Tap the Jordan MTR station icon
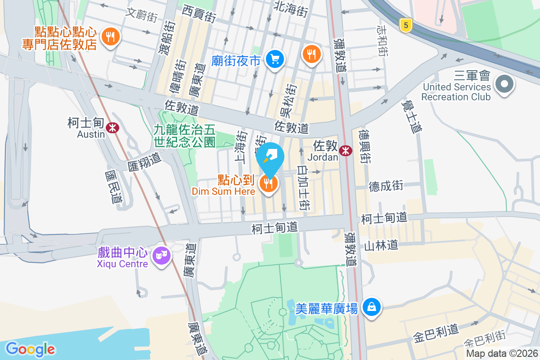[x=346, y=151]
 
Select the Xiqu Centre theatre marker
[x=161, y=256]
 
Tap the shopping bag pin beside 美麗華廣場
[x=372, y=307]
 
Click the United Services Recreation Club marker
[x=504, y=84]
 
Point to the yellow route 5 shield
[x=406, y=25]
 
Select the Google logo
[x=30, y=349]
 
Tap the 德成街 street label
[x=386, y=186]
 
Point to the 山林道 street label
[x=381, y=245]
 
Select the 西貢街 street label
[x=199, y=13]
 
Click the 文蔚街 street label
[x=142, y=14]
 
